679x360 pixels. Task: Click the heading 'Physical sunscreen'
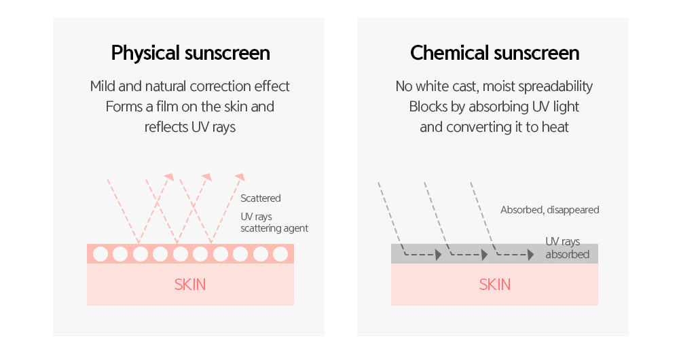(190, 53)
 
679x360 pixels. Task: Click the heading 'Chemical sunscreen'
(494, 53)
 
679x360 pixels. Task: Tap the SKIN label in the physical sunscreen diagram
(190, 284)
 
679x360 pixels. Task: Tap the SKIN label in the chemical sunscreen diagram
(494, 284)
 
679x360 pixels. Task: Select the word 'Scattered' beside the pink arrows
(261, 198)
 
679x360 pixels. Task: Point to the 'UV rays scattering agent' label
(274, 222)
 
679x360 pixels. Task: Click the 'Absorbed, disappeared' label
(549, 210)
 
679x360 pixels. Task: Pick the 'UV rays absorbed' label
(567, 248)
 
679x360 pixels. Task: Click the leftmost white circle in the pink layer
(100, 254)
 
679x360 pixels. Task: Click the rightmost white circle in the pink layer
(280, 254)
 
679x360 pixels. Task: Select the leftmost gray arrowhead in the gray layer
(439, 255)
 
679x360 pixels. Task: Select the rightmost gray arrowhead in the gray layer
(530, 255)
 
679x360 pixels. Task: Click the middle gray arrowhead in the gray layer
(485, 255)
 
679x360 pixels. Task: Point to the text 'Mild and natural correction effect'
(190, 86)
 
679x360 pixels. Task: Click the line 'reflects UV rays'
(190, 127)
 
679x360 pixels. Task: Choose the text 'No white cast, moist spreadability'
(494, 86)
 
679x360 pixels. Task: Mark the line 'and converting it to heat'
(494, 127)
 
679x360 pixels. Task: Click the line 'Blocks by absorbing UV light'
(494, 107)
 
